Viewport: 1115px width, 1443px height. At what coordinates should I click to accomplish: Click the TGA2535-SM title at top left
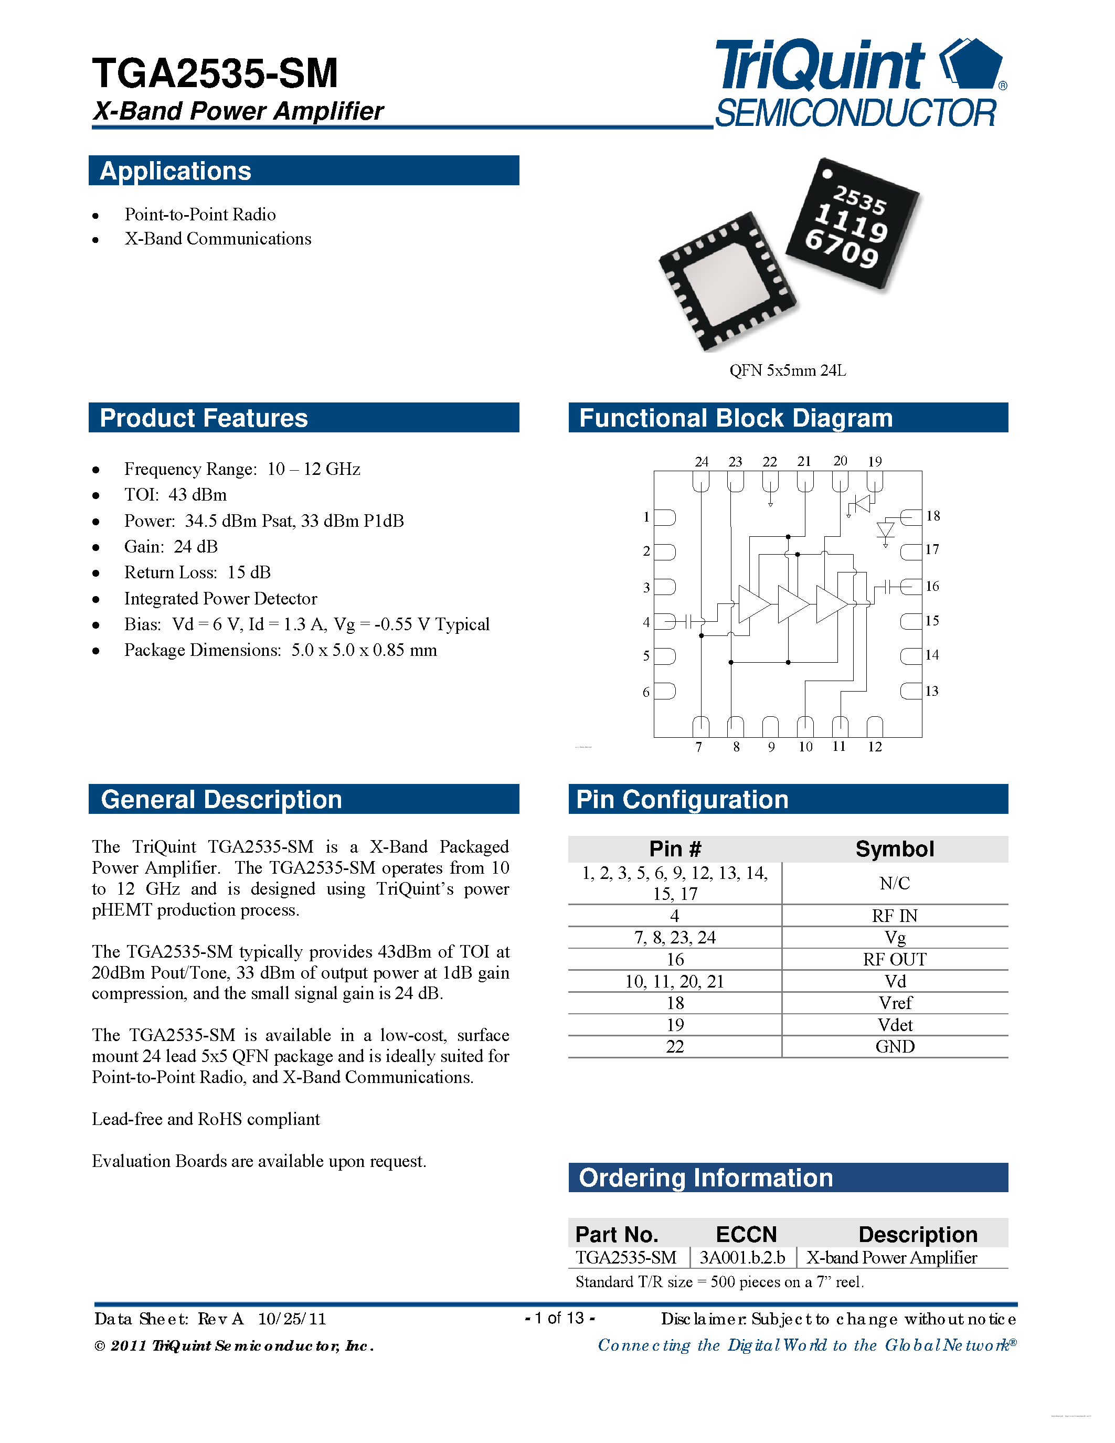(x=215, y=73)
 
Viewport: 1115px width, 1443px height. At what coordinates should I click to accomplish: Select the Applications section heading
(x=175, y=171)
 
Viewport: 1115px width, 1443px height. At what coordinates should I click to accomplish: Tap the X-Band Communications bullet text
(x=217, y=239)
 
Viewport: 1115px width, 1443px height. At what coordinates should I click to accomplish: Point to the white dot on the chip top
(x=826, y=174)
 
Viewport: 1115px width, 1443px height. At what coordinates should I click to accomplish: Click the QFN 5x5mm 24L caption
(x=788, y=370)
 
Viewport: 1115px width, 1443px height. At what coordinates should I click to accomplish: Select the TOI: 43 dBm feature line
(x=175, y=495)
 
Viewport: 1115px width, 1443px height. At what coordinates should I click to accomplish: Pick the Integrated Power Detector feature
(x=220, y=599)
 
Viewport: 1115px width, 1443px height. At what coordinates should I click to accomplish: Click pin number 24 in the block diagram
(x=702, y=462)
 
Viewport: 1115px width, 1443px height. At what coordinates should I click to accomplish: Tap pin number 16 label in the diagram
(x=932, y=586)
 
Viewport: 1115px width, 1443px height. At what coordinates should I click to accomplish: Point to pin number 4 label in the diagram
(x=646, y=622)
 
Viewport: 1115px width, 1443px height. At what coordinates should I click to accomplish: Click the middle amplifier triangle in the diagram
(x=793, y=604)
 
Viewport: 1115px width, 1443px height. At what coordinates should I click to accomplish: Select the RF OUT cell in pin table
(x=895, y=959)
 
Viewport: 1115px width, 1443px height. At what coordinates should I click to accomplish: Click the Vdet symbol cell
(x=895, y=1025)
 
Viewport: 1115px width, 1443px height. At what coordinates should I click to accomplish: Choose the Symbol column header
(x=895, y=849)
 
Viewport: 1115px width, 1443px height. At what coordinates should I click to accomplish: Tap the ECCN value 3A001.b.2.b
(x=742, y=1257)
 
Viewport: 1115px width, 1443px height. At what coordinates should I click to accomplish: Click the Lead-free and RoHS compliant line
(x=206, y=1119)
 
